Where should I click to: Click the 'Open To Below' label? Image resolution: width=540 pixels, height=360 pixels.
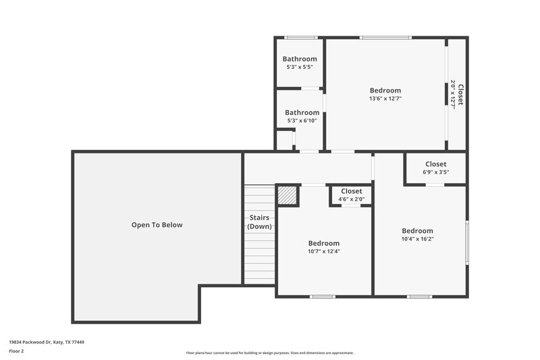point(157,225)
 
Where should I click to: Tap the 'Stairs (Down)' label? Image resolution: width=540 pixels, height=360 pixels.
point(259,222)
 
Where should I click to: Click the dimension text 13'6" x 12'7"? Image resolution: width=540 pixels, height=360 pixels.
point(385,99)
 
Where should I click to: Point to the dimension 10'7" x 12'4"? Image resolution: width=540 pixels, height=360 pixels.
point(324,251)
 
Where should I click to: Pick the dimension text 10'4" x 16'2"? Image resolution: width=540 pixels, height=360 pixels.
point(417,238)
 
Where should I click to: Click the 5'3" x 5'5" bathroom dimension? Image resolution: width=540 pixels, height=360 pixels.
point(299,68)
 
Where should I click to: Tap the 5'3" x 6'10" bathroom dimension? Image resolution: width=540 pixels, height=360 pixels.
point(302,121)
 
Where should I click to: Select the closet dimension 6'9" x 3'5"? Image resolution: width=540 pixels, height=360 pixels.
point(435,172)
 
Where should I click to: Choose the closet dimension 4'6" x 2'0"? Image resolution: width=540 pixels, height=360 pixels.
point(351,199)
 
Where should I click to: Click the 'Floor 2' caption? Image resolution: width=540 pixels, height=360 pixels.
point(16,351)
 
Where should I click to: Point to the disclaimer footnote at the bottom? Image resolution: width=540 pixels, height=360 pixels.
point(269,353)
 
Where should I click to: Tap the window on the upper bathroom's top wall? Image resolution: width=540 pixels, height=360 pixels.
point(300,38)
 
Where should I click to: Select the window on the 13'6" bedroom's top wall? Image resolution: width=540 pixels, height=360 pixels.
point(385,38)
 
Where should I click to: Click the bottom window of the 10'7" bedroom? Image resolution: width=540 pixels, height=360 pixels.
point(322,296)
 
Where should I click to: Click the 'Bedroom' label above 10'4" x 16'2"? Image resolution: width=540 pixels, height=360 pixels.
point(417,230)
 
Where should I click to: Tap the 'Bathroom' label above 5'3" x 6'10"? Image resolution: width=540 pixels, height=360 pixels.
point(302,113)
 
